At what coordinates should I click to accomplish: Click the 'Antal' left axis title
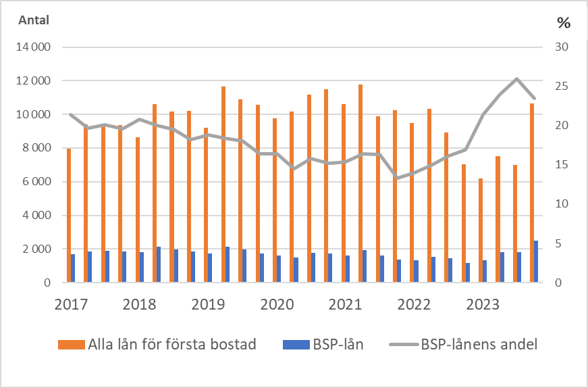click(x=34, y=20)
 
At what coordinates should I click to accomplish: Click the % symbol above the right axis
click(x=563, y=23)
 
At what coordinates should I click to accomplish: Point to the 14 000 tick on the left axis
click(x=34, y=48)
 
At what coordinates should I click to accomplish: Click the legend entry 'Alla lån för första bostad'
click(x=171, y=345)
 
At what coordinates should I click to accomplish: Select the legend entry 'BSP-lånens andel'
click(x=479, y=345)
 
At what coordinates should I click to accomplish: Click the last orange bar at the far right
click(x=532, y=193)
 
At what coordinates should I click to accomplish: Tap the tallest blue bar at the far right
click(x=536, y=262)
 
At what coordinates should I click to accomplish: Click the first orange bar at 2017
click(x=69, y=215)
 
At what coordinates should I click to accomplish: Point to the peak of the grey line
click(x=516, y=79)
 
